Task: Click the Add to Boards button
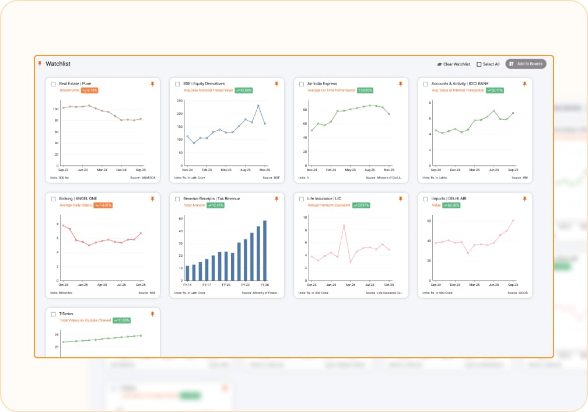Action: pyautogui.click(x=526, y=64)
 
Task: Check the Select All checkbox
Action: pyautogui.click(x=480, y=64)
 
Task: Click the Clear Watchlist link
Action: pyautogui.click(x=454, y=64)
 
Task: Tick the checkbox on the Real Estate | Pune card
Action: pyautogui.click(x=54, y=84)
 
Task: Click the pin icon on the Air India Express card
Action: pyautogui.click(x=400, y=84)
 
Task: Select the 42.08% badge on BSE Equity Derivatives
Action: pyautogui.click(x=244, y=90)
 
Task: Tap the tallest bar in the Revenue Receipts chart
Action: pyautogui.click(x=265, y=250)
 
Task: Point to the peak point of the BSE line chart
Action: pyautogui.click(x=258, y=106)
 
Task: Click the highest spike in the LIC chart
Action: pyautogui.click(x=344, y=225)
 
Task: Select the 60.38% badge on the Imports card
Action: pyautogui.click(x=453, y=205)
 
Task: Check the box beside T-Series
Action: pyautogui.click(x=54, y=314)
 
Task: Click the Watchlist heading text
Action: pyautogui.click(x=58, y=64)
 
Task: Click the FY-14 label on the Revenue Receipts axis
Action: pyautogui.click(x=187, y=285)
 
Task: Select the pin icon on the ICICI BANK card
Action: pyautogui.click(x=524, y=84)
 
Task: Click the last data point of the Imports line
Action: pyautogui.click(x=513, y=221)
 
